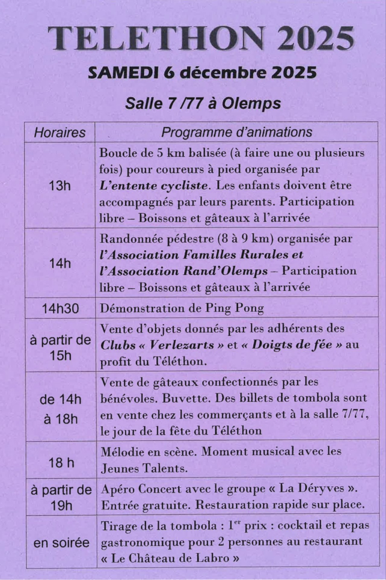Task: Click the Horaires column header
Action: [59, 133]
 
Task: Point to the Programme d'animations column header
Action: [236, 132]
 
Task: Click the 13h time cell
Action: [59, 186]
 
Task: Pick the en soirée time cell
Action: [61, 543]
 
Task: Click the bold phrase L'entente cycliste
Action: [153, 185]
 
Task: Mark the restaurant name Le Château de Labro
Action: [170, 558]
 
